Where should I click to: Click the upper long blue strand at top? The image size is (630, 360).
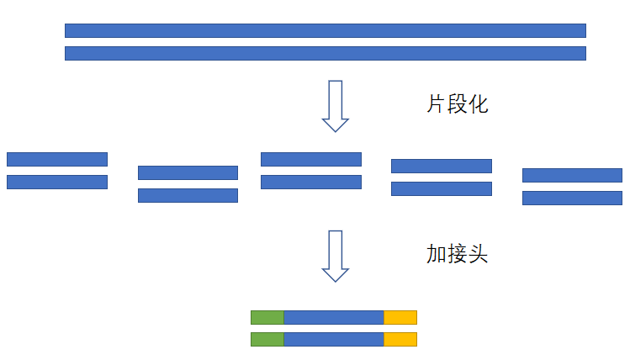(x=325, y=30)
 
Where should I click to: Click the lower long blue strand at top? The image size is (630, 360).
(x=325, y=53)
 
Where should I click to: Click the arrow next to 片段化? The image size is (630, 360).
(x=336, y=106)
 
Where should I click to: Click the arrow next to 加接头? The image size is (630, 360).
(x=336, y=256)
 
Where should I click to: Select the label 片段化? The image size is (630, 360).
(x=458, y=104)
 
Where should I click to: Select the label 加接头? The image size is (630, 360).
(x=458, y=254)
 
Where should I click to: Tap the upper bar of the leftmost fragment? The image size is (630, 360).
(x=57, y=159)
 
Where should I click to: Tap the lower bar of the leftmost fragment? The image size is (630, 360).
(x=57, y=182)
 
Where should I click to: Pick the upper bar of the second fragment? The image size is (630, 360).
(x=188, y=172)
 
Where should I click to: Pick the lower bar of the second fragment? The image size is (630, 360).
(x=188, y=195)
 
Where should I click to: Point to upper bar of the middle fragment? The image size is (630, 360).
(x=311, y=159)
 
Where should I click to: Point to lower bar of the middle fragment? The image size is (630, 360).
(x=311, y=182)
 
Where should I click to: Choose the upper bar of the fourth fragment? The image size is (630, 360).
(x=442, y=166)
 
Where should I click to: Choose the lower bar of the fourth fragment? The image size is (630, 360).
(x=442, y=188)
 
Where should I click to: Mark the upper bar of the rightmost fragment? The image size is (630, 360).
(x=572, y=175)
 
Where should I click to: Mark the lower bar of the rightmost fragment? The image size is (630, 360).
(x=572, y=198)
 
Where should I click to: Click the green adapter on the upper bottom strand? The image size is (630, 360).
(x=267, y=317)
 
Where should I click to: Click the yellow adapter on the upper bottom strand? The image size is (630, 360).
(x=400, y=317)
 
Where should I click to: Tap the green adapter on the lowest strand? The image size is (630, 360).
(x=267, y=339)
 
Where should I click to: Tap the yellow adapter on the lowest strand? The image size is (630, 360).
(x=400, y=339)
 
